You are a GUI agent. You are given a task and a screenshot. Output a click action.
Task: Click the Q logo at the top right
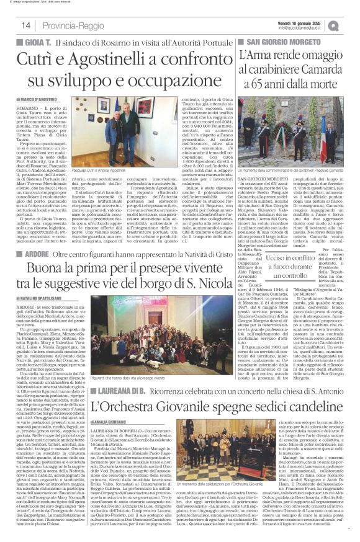coord(351,25)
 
